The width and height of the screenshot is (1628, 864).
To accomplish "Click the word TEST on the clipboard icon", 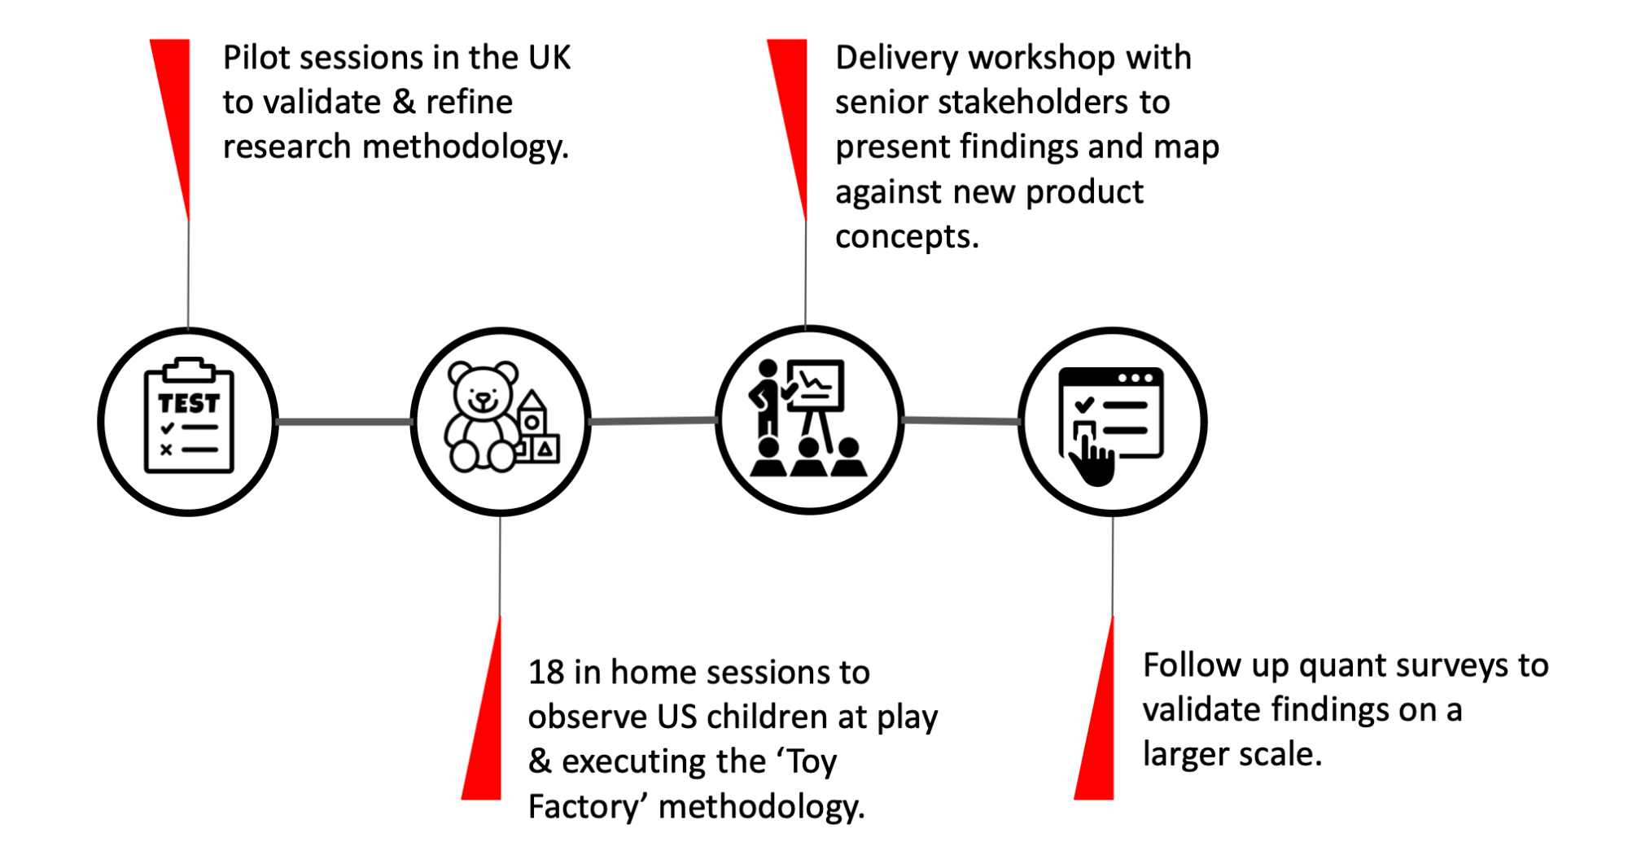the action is point(189,403).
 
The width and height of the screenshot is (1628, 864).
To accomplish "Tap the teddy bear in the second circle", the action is point(482,417).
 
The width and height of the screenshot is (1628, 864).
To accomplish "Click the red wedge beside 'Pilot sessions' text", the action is point(175,114).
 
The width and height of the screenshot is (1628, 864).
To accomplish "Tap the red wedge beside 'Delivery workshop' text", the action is point(792,114).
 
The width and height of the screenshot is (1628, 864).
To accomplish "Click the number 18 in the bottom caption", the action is point(546,673).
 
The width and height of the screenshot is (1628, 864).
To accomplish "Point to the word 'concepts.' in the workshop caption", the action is point(907,237).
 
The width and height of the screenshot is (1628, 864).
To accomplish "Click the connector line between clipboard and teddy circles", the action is point(345,422).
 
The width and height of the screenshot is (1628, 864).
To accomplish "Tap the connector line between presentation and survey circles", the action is point(961,421).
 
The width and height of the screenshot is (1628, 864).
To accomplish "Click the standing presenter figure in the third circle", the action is point(767,399).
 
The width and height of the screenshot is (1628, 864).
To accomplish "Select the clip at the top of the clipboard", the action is point(189,370).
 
